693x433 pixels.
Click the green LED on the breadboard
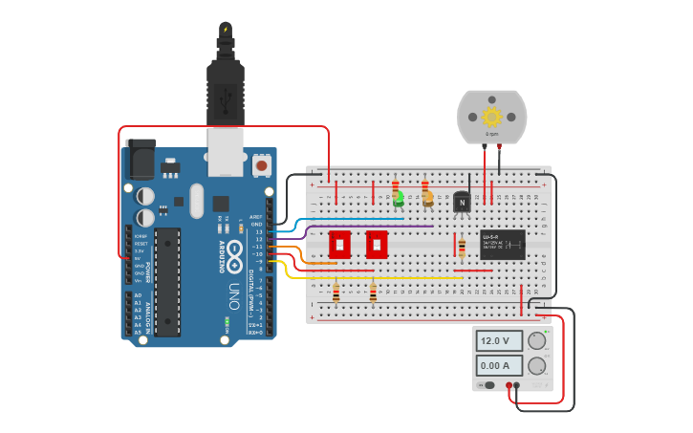(x=398, y=199)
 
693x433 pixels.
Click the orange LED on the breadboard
(x=427, y=199)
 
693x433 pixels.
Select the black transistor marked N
(x=463, y=201)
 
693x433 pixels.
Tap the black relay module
(x=502, y=244)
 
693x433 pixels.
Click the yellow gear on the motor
(x=492, y=118)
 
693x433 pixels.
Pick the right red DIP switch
(x=377, y=244)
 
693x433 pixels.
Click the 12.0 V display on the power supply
(x=500, y=340)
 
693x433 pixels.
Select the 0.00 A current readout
(x=500, y=365)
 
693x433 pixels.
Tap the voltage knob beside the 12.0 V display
(x=537, y=340)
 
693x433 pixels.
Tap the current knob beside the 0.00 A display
(x=537, y=365)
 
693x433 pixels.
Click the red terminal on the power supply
(x=508, y=385)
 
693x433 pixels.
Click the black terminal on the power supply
(x=516, y=385)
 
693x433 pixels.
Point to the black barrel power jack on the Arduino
(x=141, y=159)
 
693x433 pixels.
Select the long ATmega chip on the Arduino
(x=167, y=282)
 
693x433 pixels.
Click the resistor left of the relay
(x=463, y=249)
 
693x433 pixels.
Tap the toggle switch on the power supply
(x=489, y=385)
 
